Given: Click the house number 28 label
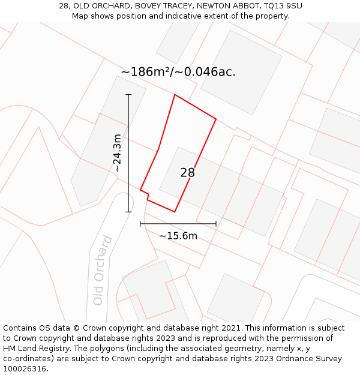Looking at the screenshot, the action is tap(187, 173).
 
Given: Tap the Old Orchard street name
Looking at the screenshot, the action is tap(103, 271).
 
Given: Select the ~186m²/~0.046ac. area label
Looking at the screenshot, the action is tap(178, 72).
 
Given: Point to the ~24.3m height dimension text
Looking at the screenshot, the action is tap(117, 153).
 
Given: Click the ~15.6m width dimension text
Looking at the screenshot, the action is tap(178, 236).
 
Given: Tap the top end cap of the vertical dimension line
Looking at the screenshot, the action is tap(128, 95).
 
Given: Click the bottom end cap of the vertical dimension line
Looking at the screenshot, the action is tap(128, 211).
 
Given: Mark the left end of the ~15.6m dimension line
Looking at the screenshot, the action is tap(140, 224).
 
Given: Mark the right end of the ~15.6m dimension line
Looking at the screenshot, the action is tap(216, 224).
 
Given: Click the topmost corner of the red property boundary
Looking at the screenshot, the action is tap(175, 95).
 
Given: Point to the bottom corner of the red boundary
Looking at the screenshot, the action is tap(175, 211).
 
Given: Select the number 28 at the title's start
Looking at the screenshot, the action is tap(64, 6).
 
